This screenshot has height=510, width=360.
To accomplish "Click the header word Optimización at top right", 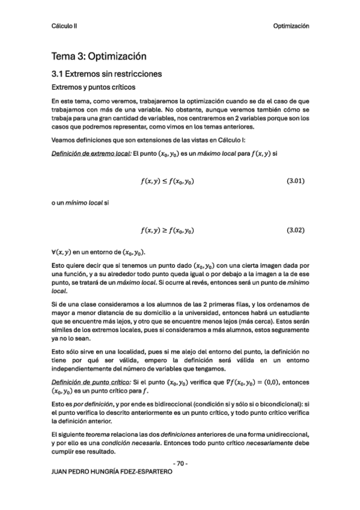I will (291, 26).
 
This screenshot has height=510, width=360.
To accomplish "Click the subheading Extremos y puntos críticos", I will (89, 88).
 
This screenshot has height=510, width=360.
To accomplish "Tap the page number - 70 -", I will (180, 464).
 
